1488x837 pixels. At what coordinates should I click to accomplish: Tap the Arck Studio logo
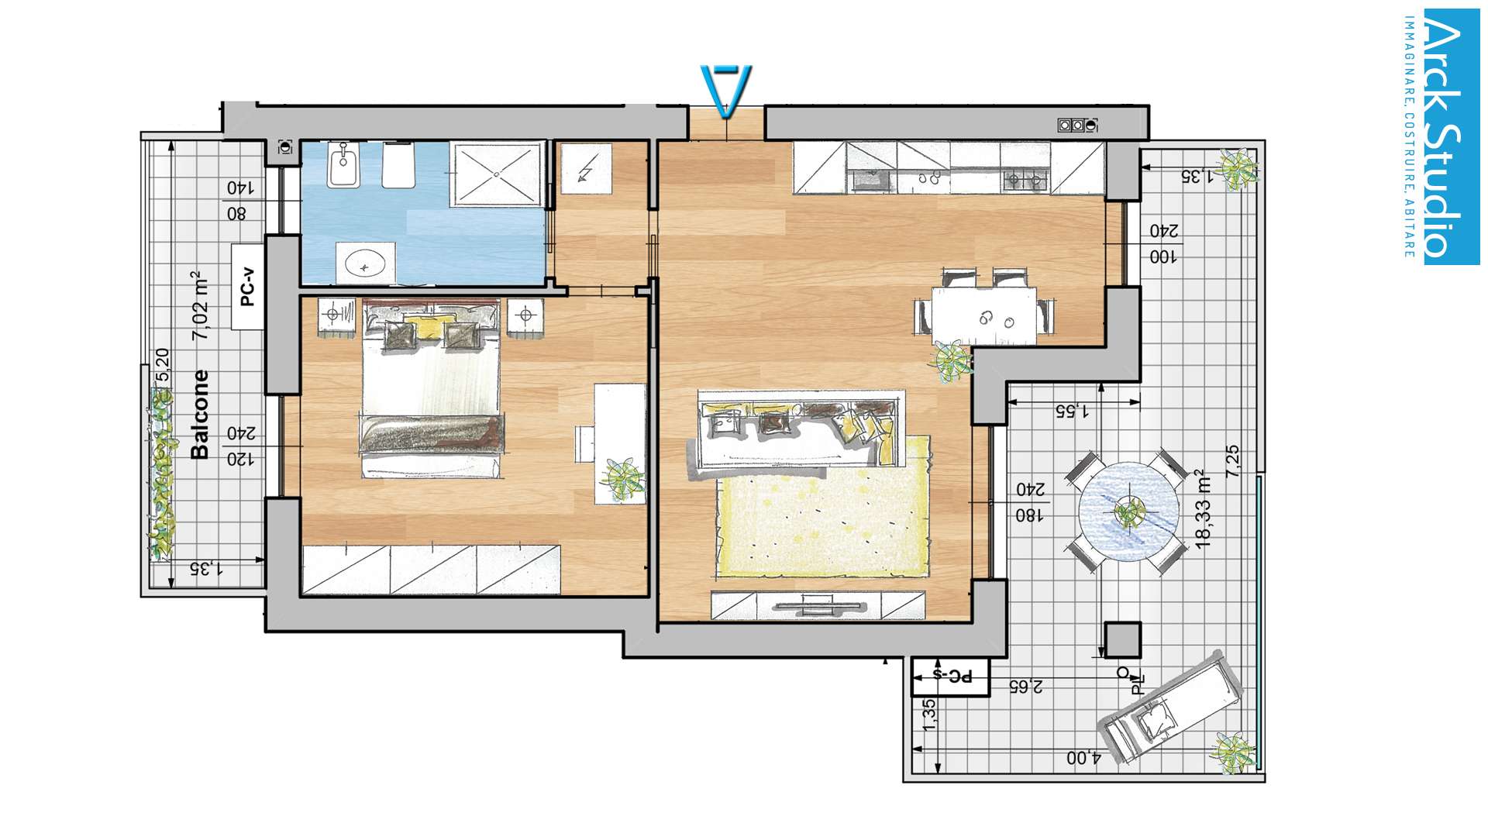click(x=1442, y=136)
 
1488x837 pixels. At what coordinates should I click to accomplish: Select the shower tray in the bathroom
click(x=496, y=174)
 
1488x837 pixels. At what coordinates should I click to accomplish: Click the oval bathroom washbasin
click(x=365, y=263)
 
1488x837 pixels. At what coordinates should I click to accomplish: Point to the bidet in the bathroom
click(x=343, y=165)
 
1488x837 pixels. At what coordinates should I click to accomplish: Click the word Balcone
click(x=200, y=414)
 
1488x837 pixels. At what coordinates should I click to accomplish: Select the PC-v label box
click(x=248, y=287)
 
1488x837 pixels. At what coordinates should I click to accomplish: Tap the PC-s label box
click(x=951, y=677)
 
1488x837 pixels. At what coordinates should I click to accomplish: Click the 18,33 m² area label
click(x=1203, y=509)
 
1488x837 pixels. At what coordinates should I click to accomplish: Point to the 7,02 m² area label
click(x=200, y=305)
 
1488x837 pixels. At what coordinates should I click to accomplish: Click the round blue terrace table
click(x=1129, y=511)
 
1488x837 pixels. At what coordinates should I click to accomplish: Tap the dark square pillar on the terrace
click(x=1122, y=640)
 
